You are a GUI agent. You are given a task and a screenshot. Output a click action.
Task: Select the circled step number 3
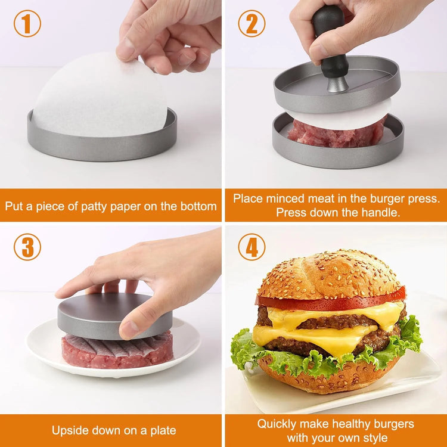[27, 247]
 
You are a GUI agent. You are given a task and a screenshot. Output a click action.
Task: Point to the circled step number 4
[252, 247]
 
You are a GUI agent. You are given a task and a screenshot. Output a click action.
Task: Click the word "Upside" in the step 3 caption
[69, 430]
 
